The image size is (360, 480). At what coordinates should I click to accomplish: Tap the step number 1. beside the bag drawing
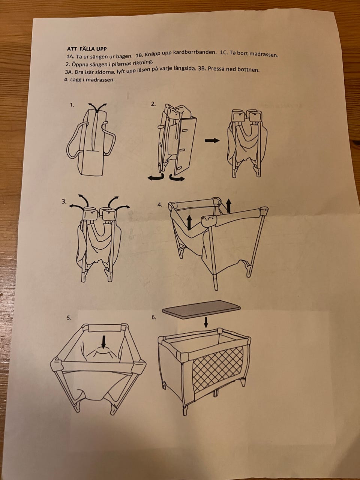(x=72, y=105)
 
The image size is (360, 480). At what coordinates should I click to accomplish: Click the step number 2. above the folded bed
(x=153, y=104)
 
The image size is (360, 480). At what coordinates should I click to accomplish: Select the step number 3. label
(x=64, y=202)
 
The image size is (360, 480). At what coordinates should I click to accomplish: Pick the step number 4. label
(x=160, y=205)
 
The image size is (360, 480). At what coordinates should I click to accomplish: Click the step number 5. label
(x=69, y=318)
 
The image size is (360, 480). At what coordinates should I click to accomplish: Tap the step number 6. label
(x=154, y=317)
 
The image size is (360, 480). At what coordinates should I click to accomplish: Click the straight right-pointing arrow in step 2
(x=212, y=140)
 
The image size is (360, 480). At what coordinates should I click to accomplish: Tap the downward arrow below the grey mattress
(x=206, y=322)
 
